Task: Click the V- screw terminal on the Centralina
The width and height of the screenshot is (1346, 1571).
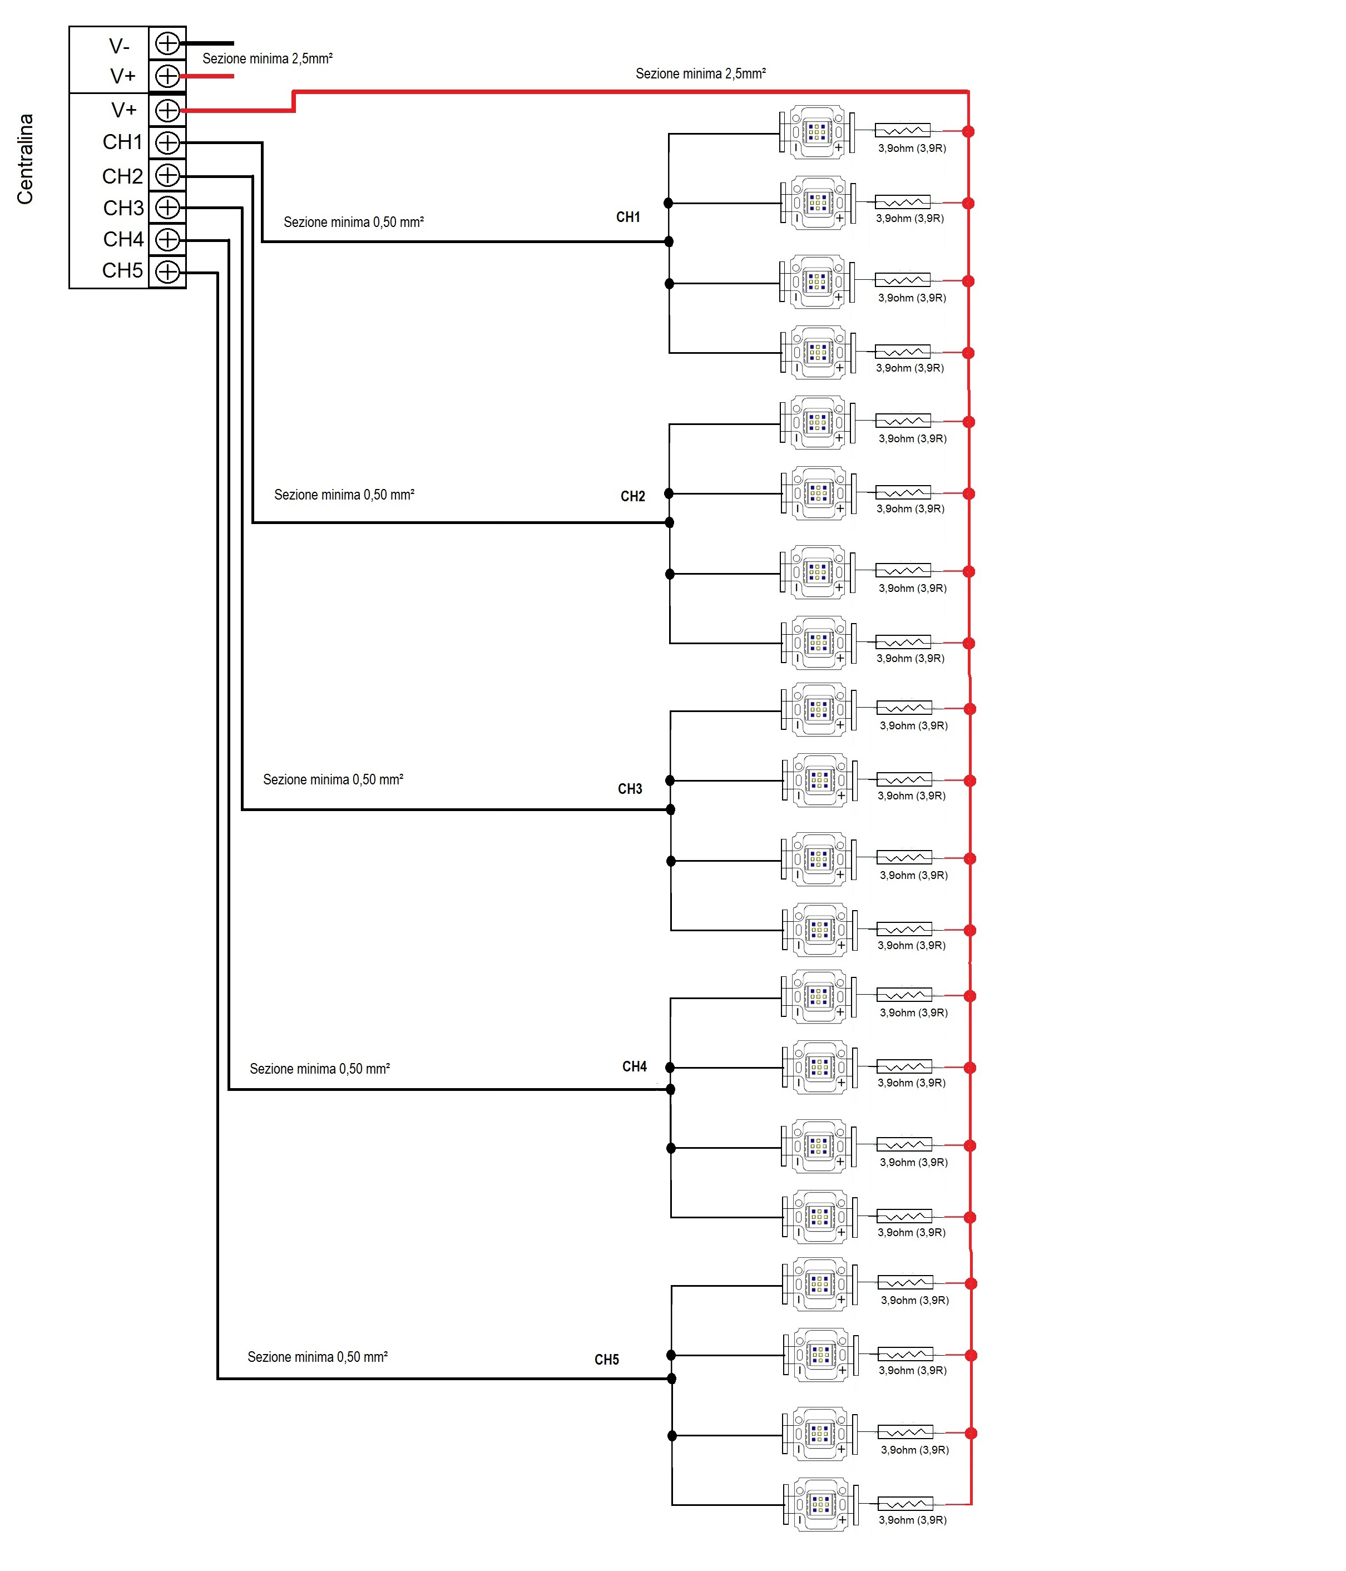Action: pos(167,43)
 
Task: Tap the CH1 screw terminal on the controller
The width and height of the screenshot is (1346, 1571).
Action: pos(167,142)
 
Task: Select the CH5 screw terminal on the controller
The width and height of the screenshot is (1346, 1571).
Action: pos(167,271)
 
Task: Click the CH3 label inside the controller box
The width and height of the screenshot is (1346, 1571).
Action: pos(123,208)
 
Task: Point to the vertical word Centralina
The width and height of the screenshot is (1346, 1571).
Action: pos(25,159)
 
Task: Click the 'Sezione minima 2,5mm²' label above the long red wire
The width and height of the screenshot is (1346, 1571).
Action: pos(700,73)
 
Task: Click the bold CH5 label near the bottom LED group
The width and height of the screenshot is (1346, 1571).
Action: pos(606,1360)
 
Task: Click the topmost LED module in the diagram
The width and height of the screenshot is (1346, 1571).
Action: pos(817,132)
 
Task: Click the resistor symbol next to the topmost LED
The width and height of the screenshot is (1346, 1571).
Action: pos(902,130)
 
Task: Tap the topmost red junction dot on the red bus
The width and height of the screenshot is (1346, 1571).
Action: pos(968,131)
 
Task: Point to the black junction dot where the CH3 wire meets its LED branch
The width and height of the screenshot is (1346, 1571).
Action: pos(670,810)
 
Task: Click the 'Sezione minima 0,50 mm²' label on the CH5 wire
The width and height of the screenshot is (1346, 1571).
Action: pos(318,1356)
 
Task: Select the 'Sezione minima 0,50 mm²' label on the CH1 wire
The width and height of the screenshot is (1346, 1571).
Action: pos(353,222)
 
